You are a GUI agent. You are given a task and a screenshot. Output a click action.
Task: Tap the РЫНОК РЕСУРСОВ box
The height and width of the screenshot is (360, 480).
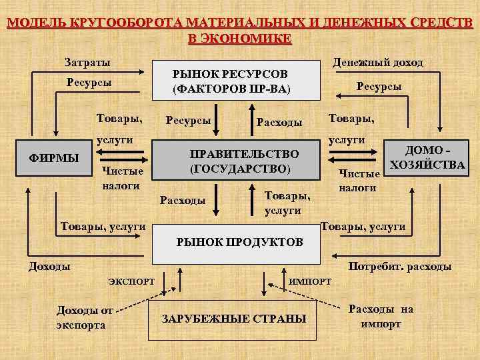tap(230, 79)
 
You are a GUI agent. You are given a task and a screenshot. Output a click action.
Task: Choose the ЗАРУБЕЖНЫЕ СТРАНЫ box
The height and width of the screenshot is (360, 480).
tap(234, 319)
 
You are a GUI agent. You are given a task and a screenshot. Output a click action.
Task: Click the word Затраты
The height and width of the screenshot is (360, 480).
tap(87, 62)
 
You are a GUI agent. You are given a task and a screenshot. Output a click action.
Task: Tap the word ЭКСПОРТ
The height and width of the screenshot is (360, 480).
tap(131, 281)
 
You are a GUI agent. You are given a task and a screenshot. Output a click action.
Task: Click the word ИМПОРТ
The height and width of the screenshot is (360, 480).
tap(309, 281)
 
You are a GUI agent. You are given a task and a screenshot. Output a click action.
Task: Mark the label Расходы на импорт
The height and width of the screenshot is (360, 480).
tap(381, 316)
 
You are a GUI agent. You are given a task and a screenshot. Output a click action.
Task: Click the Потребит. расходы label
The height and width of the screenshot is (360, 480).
tap(400, 267)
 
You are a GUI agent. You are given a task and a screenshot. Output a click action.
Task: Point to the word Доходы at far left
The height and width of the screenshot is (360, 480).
tap(49, 267)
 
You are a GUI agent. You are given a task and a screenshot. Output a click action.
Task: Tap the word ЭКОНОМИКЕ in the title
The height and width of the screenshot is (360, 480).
tap(240, 38)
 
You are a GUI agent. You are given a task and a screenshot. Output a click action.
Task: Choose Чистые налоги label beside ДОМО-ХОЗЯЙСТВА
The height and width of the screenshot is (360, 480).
tap(359, 181)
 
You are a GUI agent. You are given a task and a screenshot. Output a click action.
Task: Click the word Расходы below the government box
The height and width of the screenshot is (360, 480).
tap(183, 201)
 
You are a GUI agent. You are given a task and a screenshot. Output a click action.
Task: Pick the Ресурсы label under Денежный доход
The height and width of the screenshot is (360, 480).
tap(379, 87)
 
